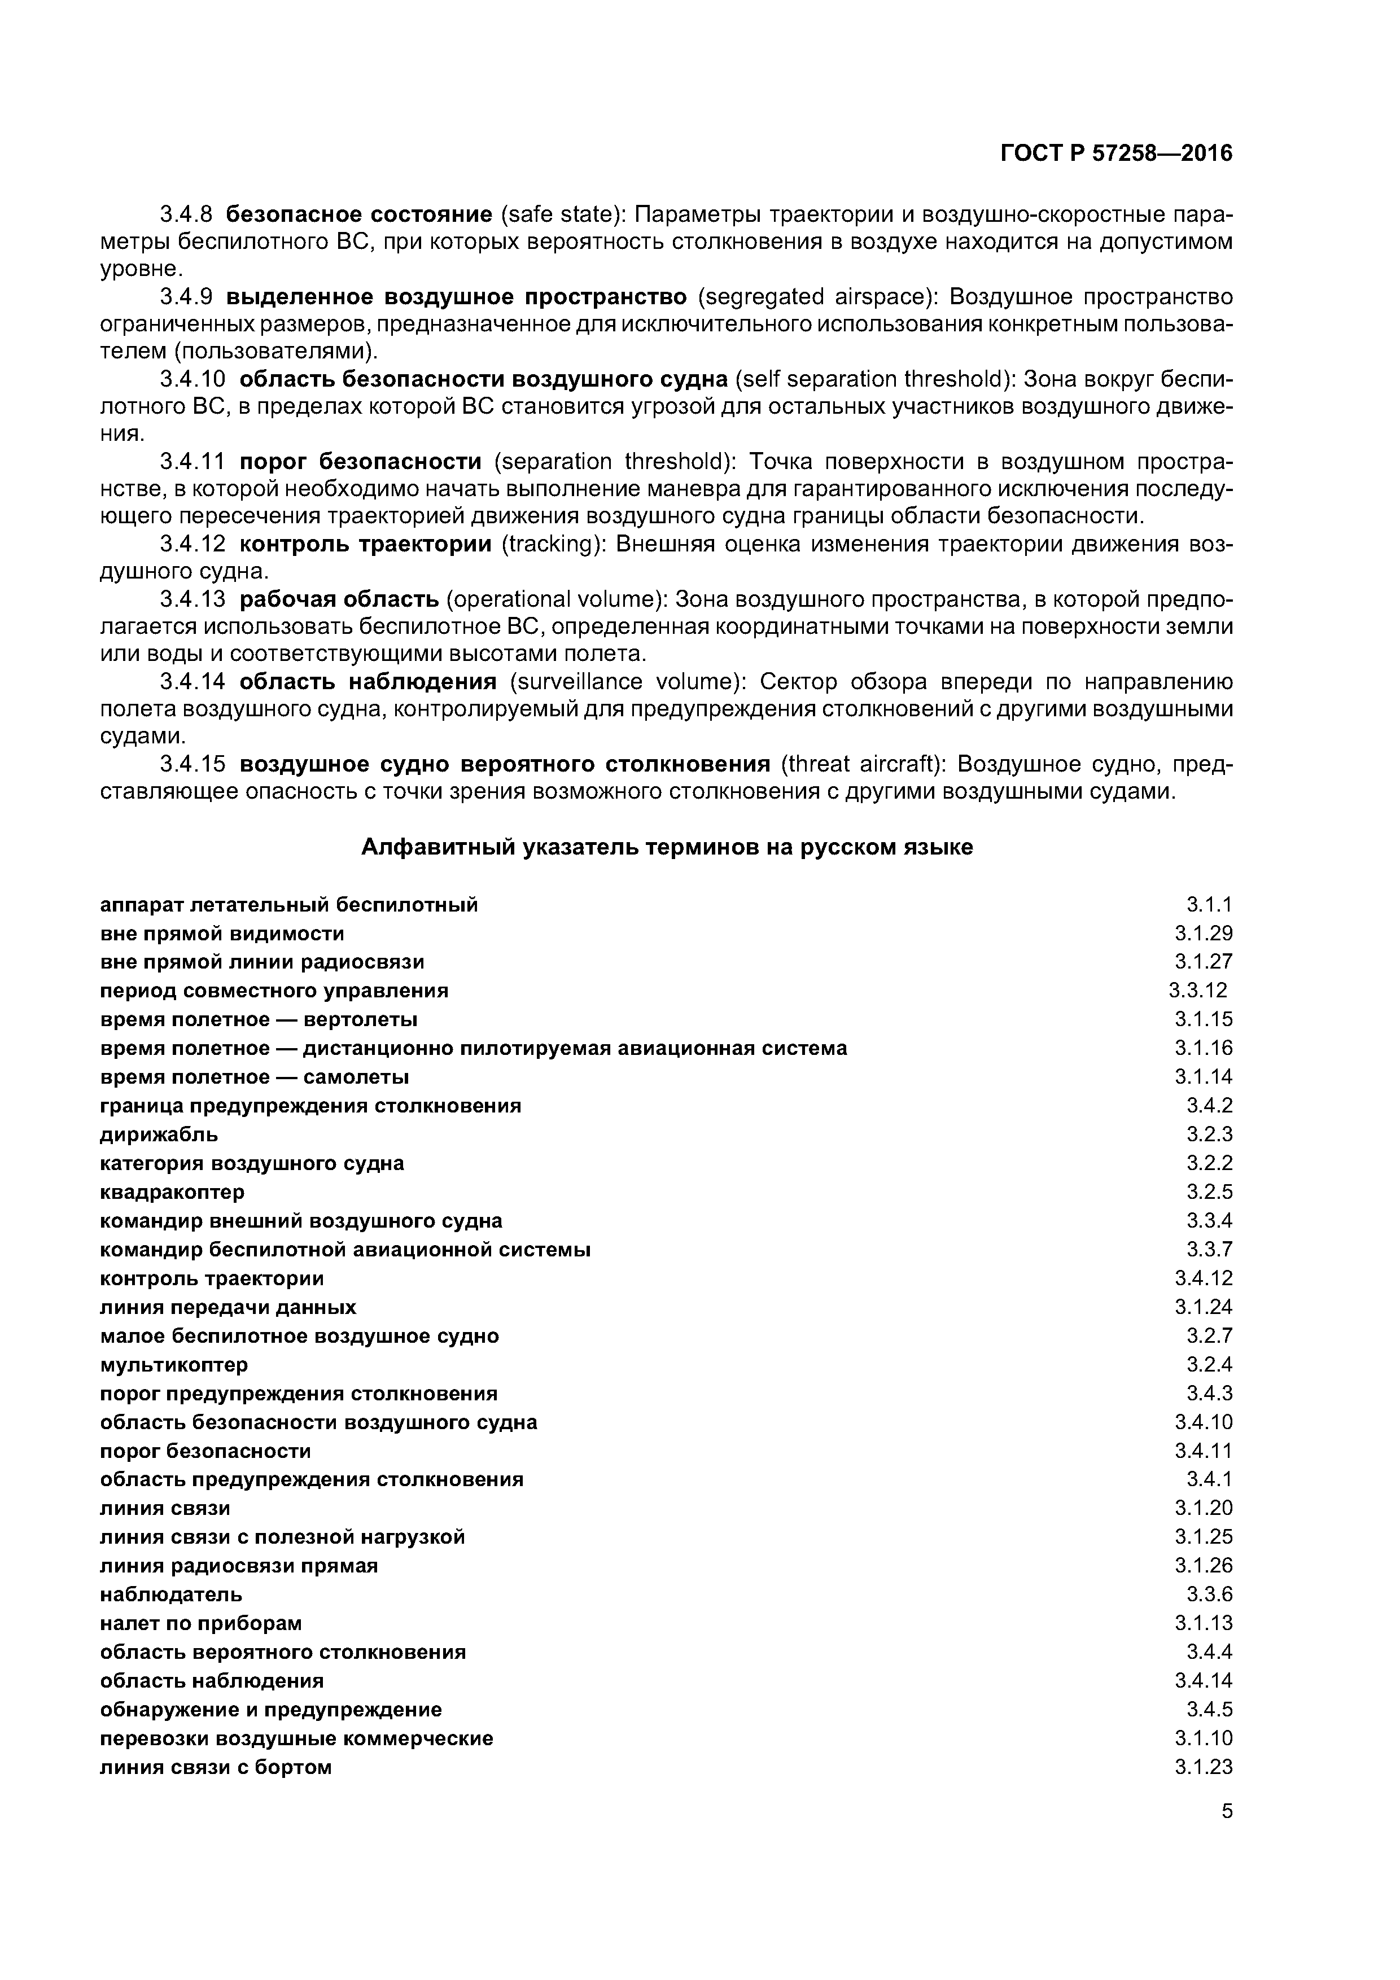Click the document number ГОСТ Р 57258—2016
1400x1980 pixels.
point(1116,154)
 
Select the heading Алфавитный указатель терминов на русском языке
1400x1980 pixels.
point(666,847)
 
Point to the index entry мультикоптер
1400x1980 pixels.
point(174,1364)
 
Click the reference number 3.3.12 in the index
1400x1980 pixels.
point(1197,990)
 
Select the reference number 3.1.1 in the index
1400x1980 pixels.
point(1209,905)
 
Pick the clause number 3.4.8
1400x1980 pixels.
point(186,214)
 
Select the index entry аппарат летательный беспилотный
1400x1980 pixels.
point(289,905)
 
